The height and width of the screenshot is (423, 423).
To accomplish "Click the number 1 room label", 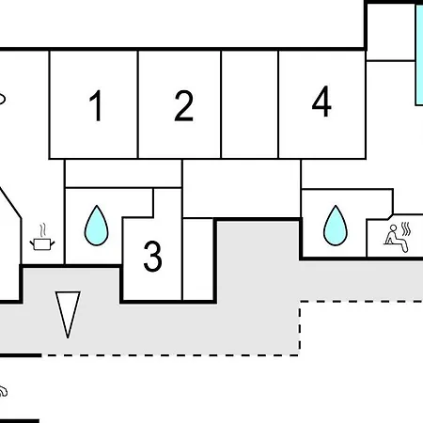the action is (x=96, y=105).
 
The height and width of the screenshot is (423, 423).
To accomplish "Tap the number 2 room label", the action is (x=184, y=105).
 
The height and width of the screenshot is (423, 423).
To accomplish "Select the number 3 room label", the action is (x=152, y=256).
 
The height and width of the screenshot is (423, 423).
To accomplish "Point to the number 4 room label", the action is (x=321, y=102).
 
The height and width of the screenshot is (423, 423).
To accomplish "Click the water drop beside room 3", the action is (x=97, y=226).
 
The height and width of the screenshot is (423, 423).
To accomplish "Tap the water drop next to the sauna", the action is (x=336, y=226).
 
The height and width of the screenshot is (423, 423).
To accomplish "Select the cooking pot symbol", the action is (x=42, y=243).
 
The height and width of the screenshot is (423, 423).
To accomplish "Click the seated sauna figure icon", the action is (x=396, y=238).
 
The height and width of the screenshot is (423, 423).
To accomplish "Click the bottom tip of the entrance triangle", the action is (x=68, y=338).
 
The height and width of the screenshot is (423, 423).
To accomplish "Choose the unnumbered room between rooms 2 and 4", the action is (x=250, y=104).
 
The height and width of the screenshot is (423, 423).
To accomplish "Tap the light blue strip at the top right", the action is (x=419, y=55).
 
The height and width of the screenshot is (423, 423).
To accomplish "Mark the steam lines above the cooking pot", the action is (x=43, y=230).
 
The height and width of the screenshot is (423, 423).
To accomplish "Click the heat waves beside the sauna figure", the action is (x=406, y=229).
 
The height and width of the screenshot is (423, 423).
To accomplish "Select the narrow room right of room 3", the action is (x=198, y=259).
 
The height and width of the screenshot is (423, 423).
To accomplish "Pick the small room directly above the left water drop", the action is (x=123, y=174).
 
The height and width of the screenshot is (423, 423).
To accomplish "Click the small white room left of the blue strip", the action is (x=391, y=32).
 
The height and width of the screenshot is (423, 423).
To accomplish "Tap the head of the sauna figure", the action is (x=393, y=227).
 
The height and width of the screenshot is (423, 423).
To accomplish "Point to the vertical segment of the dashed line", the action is (x=300, y=328).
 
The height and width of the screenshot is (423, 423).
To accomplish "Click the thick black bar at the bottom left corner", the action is (x=20, y=421).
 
